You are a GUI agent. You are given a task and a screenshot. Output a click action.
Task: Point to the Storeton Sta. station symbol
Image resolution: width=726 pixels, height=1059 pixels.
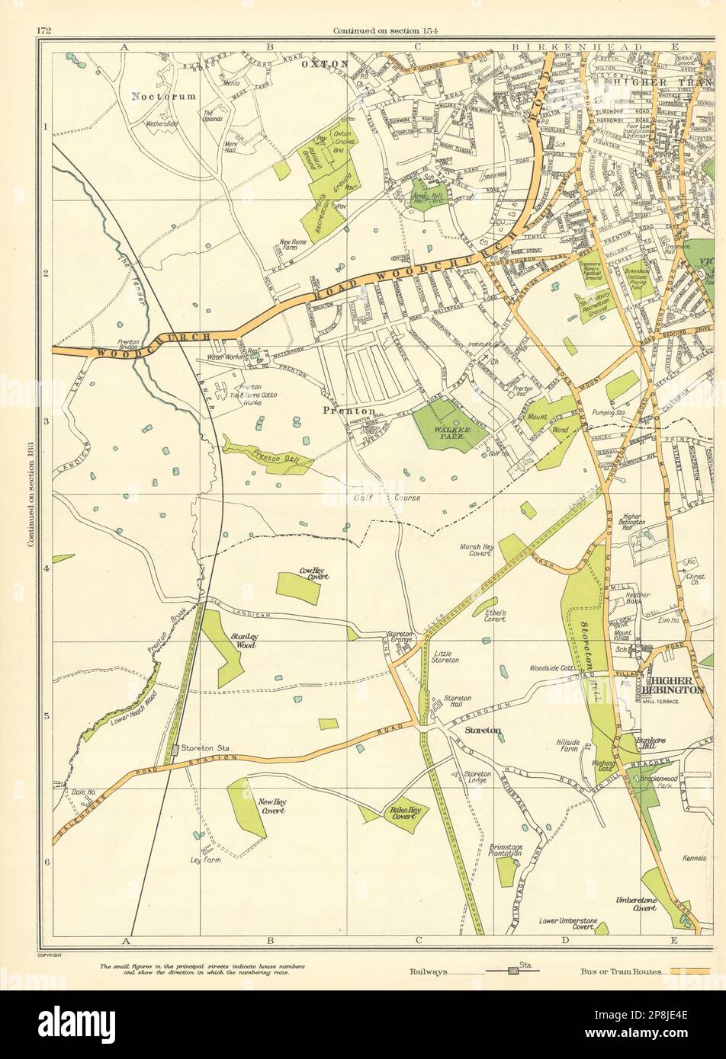176,750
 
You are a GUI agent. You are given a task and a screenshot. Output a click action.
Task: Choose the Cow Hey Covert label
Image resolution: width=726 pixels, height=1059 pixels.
304,577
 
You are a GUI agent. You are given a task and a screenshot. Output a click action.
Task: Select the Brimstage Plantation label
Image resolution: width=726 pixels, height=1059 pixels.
500,850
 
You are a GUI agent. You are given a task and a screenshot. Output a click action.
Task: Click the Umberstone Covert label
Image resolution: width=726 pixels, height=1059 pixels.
636,904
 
